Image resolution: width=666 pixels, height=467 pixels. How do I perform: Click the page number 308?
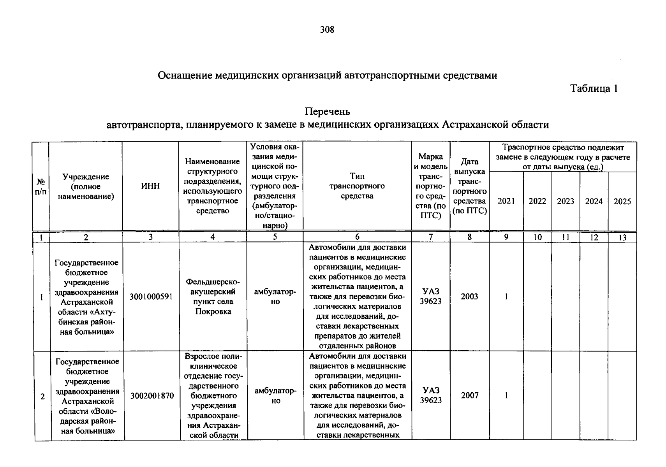327,30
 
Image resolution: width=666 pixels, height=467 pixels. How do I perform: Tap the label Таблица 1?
594,89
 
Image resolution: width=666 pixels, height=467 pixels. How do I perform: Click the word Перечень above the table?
327,112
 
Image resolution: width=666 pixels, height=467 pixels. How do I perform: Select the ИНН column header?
150,186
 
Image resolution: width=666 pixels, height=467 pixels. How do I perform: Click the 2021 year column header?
506,201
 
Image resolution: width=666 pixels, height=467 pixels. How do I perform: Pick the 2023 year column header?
566,201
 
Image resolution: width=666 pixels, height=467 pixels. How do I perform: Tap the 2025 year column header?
622,202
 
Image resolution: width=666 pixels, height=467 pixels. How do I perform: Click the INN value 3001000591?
151,297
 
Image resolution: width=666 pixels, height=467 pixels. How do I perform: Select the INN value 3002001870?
152,396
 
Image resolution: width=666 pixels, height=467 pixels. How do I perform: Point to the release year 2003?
469,297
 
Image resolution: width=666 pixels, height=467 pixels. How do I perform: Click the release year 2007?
470,395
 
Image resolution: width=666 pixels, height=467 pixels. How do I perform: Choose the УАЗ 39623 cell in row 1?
430,296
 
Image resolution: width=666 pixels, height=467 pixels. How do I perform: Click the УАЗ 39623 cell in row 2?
431,395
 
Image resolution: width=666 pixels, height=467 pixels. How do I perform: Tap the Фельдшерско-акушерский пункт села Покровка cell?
213,297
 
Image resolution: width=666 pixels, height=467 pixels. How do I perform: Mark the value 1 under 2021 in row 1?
506,297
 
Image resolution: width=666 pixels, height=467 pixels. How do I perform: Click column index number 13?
622,237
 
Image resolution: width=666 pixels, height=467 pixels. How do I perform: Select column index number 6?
357,237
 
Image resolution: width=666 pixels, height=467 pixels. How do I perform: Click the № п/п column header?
41,186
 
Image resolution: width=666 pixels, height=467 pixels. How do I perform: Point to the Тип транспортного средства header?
357,186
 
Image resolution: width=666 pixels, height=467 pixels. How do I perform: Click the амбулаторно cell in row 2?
275,395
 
